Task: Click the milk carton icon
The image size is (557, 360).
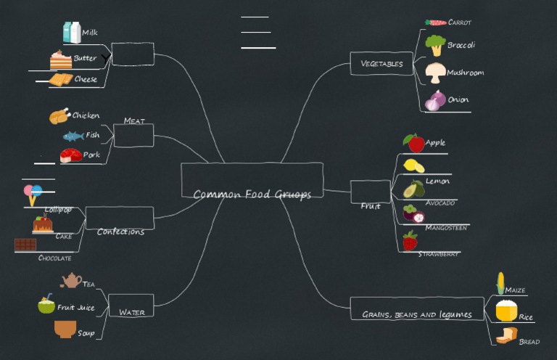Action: coord(72,33)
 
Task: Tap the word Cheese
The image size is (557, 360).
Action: coord(86,80)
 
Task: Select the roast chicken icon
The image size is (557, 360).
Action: coord(59,115)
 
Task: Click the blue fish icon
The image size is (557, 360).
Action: coord(73,136)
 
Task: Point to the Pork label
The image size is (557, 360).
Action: coord(91,155)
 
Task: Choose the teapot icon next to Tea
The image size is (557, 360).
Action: coord(71,280)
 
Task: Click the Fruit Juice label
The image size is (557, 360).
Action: coord(76,308)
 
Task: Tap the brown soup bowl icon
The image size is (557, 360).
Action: coord(65,330)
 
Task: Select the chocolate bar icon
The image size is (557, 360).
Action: coord(25,245)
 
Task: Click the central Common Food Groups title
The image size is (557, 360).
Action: coord(252,194)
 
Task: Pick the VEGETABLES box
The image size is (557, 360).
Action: coord(381,64)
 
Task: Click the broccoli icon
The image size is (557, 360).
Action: coord(435,45)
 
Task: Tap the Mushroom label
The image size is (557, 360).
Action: coord(465,73)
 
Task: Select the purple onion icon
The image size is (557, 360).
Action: coord(435,101)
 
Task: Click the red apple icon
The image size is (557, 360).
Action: coord(414,142)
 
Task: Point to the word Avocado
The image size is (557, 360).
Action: coord(440,203)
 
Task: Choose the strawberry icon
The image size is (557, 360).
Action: coord(410,241)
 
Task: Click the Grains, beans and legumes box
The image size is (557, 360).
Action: coord(416,314)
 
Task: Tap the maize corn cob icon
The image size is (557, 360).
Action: coord(500,283)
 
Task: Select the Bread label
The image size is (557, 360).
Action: coord(529,342)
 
